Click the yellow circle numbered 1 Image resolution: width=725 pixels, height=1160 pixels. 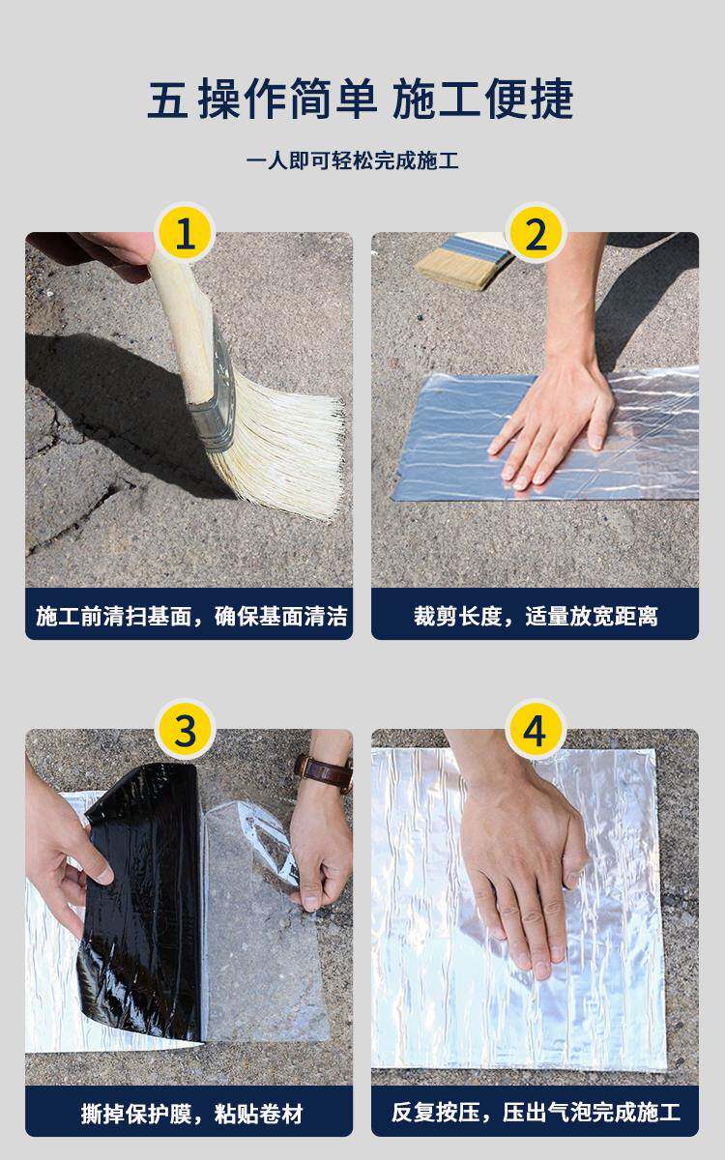pyautogui.click(x=185, y=233)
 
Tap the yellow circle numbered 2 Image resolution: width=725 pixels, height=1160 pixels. pyautogui.click(x=536, y=233)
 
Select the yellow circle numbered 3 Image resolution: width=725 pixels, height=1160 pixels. pyautogui.click(x=185, y=729)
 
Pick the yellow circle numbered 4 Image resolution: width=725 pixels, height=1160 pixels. pyautogui.click(x=536, y=729)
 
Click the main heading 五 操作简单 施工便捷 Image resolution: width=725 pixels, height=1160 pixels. pyautogui.click(x=361, y=99)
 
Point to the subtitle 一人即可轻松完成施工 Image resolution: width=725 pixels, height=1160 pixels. pyautogui.click(x=352, y=160)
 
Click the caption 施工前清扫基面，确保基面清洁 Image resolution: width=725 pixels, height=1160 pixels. pyautogui.click(x=190, y=617)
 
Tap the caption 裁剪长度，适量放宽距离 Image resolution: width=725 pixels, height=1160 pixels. pyautogui.click(x=536, y=617)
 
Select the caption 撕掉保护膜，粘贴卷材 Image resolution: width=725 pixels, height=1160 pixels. pyautogui.click(x=190, y=1114)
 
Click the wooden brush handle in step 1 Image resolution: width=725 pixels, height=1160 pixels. pyautogui.click(x=183, y=321)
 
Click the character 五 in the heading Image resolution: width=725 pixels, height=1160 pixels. pyautogui.click(x=167, y=100)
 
